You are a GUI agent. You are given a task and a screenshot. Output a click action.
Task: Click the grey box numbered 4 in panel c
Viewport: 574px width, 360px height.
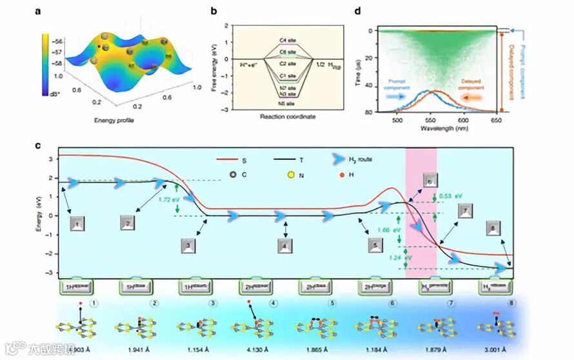tap(284, 245)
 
